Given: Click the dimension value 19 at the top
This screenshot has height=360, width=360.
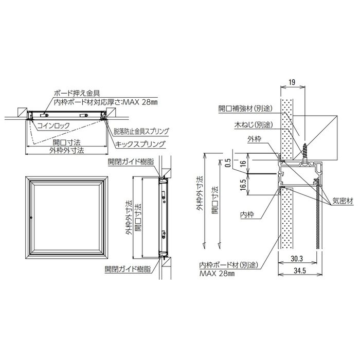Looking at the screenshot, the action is (x=292, y=82).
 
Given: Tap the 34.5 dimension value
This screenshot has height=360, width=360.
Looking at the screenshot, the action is (x=300, y=271).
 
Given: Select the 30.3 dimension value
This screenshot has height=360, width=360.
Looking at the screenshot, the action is (x=297, y=259).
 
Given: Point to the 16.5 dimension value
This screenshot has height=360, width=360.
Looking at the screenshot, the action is (x=243, y=185).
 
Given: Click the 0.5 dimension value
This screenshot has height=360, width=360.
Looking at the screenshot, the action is (x=227, y=163).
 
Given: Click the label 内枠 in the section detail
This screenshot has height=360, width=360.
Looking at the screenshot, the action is (x=247, y=214).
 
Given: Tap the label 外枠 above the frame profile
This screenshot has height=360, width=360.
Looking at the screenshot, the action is (x=255, y=139).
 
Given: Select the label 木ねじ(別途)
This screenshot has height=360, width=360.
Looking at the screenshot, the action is (x=254, y=124).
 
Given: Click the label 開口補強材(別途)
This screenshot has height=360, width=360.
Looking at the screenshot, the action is (x=245, y=109).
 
